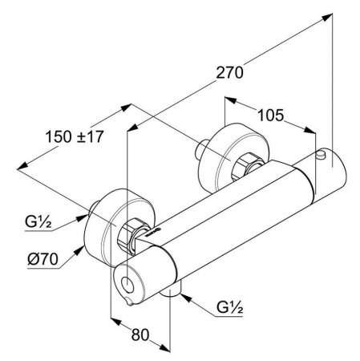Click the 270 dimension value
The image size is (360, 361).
point(229,72)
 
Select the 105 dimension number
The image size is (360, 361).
point(270,116)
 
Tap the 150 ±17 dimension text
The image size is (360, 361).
point(75,136)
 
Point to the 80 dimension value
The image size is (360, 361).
point(140,335)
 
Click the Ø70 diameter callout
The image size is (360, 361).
point(42,259)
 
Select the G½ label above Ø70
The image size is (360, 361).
point(38,221)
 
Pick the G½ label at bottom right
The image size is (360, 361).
point(230,307)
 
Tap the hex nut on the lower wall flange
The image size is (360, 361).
point(133,234)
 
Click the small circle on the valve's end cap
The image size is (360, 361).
point(127,285)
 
